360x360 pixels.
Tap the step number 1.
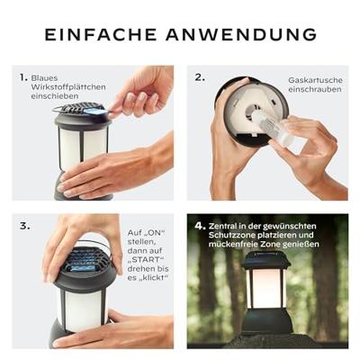22,77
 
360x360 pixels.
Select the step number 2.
200,77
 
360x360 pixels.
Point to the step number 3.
22,226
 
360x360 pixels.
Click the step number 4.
200,226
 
